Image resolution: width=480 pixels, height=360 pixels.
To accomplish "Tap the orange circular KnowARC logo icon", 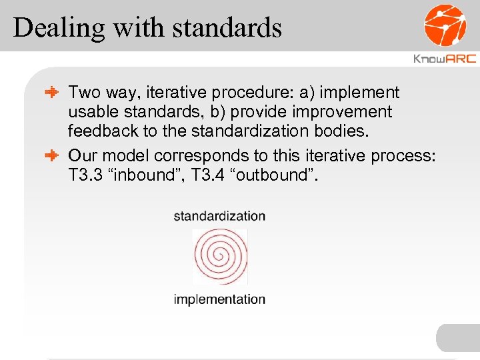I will [x=445, y=25].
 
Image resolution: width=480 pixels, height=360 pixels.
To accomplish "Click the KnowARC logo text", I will [x=445, y=59].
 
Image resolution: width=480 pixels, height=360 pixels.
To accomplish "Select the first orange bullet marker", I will [x=53, y=93].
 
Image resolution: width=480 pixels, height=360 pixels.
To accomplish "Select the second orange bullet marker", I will [x=53, y=155].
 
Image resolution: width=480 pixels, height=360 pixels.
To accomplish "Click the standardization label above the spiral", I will [x=219, y=216].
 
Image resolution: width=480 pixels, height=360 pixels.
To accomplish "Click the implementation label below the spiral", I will [x=219, y=299].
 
